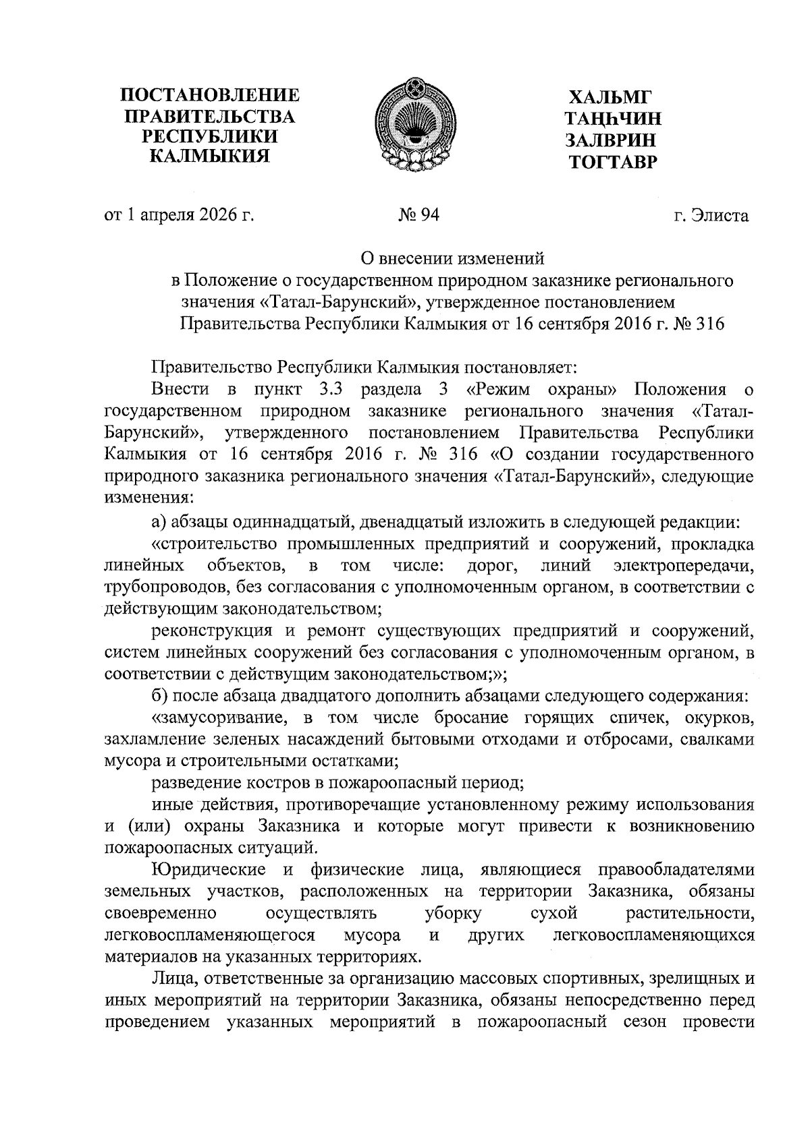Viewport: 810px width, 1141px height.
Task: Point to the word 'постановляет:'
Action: [520, 368]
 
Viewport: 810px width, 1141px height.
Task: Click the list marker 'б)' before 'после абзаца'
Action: [160, 695]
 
